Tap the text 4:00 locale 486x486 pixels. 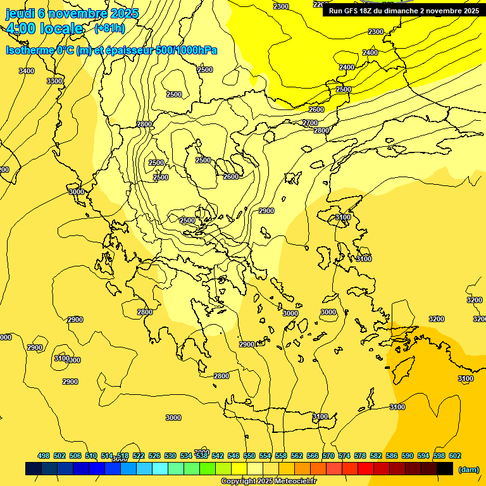point(44,28)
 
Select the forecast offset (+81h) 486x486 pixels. point(109,28)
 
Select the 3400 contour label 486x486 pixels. point(27,71)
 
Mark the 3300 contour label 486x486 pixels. point(54,81)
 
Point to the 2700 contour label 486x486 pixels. point(310,123)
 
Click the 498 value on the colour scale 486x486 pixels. point(44,456)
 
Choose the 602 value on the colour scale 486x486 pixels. point(455,456)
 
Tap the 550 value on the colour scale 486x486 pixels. point(249,456)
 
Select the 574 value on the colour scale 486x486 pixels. point(344,456)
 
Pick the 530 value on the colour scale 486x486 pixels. point(170,456)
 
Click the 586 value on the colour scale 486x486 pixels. point(392,456)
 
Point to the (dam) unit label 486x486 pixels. point(468,469)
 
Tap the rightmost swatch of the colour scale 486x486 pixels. point(445,468)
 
